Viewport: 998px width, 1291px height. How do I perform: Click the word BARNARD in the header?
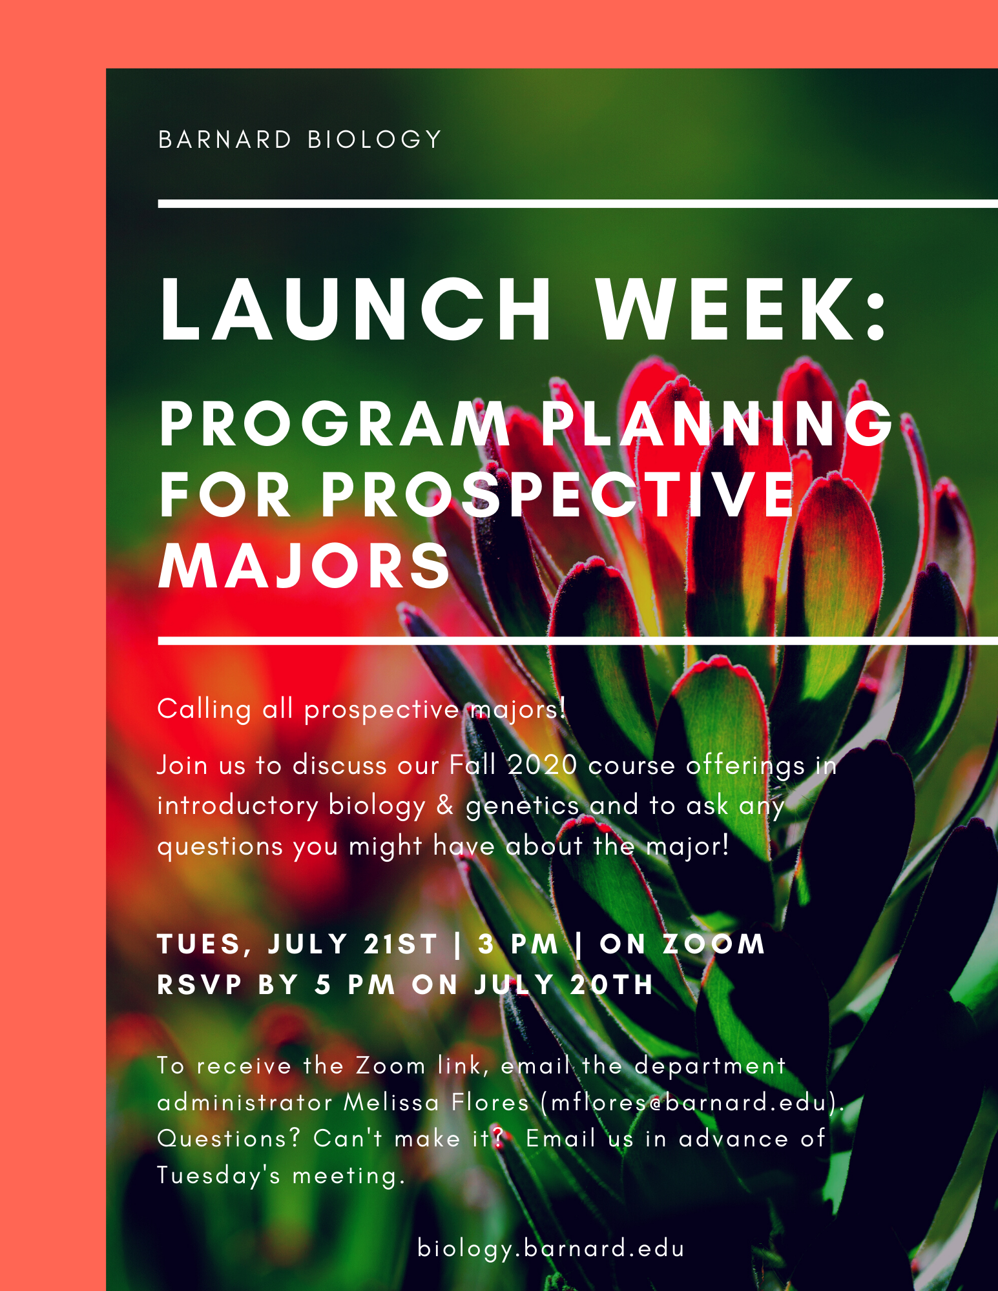click(225, 139)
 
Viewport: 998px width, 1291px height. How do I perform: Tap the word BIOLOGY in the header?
click(375, 139)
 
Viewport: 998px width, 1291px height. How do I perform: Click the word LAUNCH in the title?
click(355, 309)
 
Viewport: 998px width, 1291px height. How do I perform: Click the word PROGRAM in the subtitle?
click(335, 424)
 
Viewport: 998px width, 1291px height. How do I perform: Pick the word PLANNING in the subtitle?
click(717, 424)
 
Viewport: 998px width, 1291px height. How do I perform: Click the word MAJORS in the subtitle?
click(304, 566)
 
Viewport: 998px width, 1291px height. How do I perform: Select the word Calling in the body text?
click(204, 709)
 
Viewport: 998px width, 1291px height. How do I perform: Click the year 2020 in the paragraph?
click(542, 766)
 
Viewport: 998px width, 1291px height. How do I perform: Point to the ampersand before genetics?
click(445, 806)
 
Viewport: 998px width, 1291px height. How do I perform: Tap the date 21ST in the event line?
click(401, 944)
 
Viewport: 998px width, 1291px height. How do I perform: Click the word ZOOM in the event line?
click(714, 944)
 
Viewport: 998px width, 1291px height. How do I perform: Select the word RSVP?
click(200, 985)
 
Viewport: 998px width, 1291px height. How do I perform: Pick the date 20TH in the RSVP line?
click(612, 985)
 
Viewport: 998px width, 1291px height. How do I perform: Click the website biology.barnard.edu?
click(551, 1248)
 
